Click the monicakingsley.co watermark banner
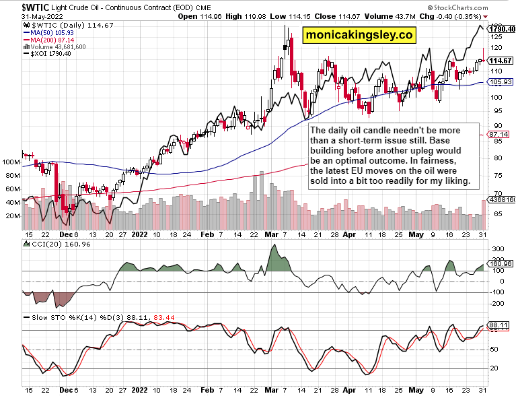tap(359, 35)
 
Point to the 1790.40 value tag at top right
tap(502, 29)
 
